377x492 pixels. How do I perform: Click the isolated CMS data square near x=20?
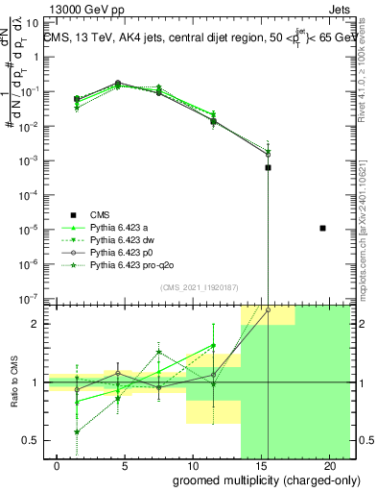(x=322, y=228)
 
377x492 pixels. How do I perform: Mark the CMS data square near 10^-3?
(x=268, y=167)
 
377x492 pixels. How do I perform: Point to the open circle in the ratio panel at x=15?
(x=268, y=310)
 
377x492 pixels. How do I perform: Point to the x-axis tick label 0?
(x=58, y=466)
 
